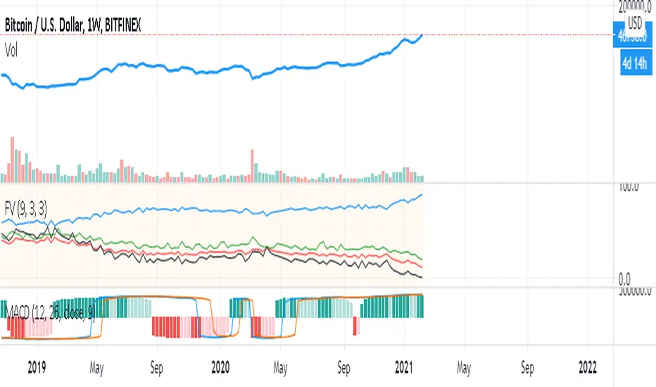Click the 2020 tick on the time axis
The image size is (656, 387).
coord(220,367)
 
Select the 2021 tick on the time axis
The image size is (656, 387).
coord(404,367)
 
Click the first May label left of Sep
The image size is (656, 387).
coord(97,367)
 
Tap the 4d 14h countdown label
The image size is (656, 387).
coord(631,65)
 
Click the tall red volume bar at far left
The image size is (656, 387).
coord(12,159)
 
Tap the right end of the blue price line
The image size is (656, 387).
coord(422,34)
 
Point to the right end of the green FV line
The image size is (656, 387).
coord(422,259)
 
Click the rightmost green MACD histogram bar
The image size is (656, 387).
coord(421,306)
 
